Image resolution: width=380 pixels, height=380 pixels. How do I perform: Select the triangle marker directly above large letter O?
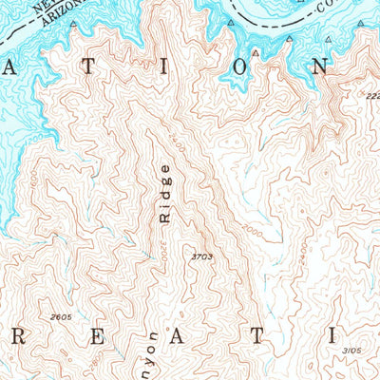256,53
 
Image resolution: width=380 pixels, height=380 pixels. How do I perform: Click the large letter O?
256,67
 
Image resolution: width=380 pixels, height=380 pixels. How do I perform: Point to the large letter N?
324,67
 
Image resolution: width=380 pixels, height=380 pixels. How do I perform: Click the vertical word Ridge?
167,194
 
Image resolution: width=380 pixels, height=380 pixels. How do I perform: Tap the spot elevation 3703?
201,256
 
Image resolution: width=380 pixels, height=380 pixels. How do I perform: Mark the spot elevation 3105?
351,351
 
